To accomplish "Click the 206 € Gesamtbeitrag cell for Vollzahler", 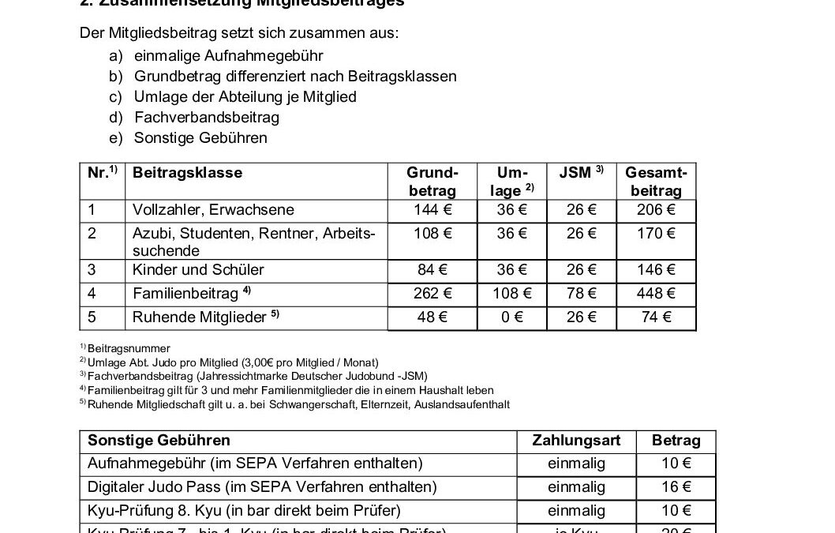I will [656, 210].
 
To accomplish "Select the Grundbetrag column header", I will [432, 182].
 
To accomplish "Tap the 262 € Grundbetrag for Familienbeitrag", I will [432, 294].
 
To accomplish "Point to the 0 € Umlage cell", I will [512, 317].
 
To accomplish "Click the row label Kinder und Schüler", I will [189, 270].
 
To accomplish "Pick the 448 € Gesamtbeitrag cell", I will [656, 294].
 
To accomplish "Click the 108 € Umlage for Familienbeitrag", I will [512, 294].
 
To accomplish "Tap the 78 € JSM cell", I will [582, 294].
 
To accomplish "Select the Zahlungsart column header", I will [576, 441].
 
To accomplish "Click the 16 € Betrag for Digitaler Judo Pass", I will [676, 487].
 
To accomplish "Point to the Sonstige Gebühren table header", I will [159, 441].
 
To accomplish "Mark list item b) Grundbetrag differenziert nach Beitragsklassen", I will [295, 77].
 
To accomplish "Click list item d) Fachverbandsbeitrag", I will [207, 118].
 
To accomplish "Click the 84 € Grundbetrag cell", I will [432, 270].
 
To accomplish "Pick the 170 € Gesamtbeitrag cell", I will [656, 234].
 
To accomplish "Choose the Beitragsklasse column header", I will [188, 173].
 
